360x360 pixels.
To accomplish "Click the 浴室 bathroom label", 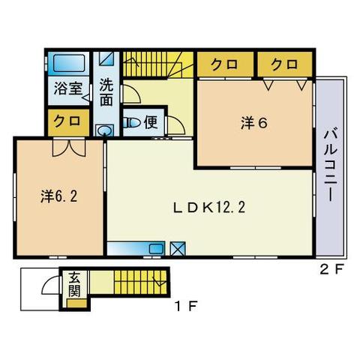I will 67,88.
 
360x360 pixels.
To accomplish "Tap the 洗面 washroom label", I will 106,91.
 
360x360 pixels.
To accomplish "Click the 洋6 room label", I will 253,124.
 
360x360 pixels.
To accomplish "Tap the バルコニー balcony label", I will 328,166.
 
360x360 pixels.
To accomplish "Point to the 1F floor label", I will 186,305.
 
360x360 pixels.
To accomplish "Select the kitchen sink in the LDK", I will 156,248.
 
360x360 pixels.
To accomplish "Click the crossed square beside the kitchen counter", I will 178,249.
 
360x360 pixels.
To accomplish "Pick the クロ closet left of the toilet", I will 67,121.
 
